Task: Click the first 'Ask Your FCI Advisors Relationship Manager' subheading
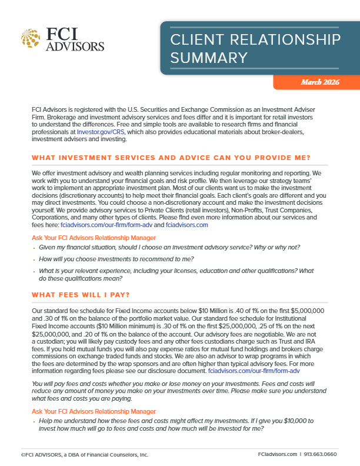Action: click(95, 238)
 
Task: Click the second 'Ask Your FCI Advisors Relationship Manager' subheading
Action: click(95, 410)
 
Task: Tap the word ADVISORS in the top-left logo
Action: click(75, 46)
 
